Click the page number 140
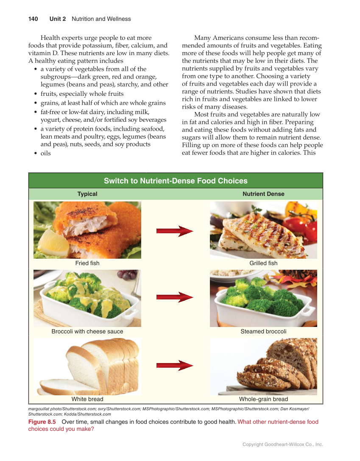33,19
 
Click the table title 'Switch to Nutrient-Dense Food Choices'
176,181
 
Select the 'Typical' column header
87,194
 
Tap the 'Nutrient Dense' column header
263,194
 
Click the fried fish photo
87,230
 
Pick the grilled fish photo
263,230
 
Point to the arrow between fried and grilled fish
175,231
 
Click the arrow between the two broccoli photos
175,297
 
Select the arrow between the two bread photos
175,365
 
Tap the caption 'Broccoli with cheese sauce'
87,331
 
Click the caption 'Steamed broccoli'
263,331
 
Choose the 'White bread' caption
87,399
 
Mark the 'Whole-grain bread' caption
263,399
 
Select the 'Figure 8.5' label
42,422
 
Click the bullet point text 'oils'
45,153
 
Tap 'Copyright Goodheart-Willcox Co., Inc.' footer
282,444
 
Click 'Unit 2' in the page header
58,19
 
